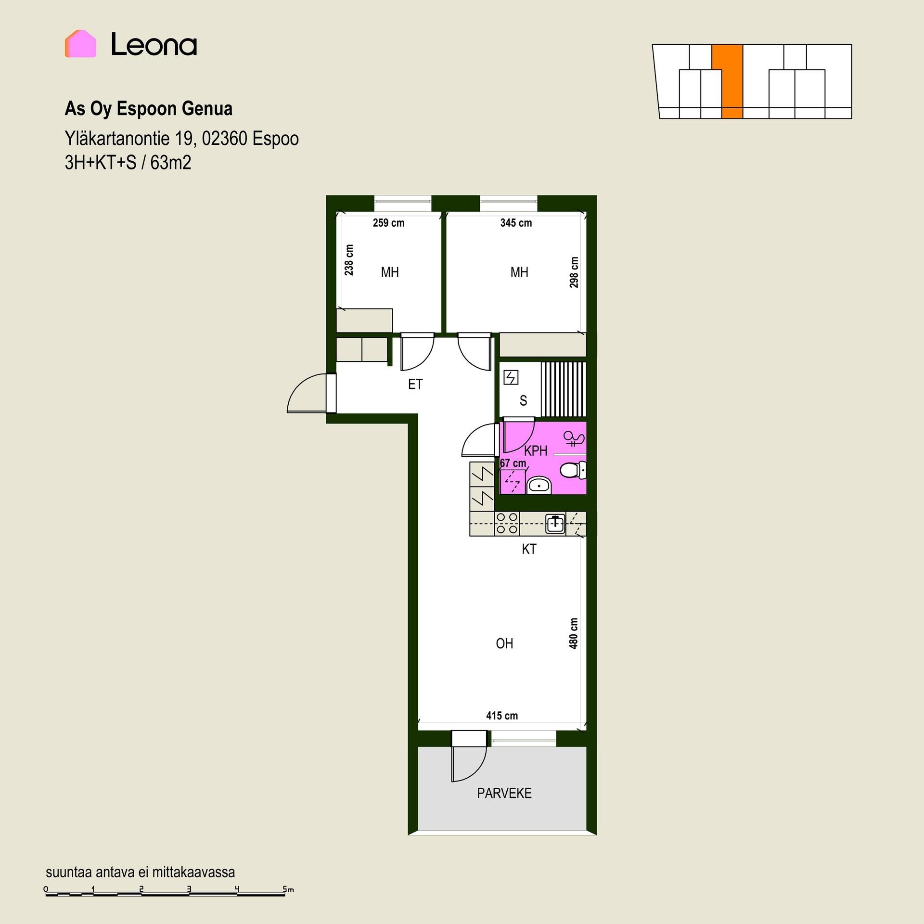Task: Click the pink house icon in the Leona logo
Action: coord(80,44)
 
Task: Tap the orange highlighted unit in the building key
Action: coord(730,82)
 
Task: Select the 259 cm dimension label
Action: coord(388,223)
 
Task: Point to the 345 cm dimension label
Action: coord(516,223)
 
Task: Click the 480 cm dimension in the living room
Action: coord(573,633)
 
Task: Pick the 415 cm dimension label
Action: coord(502,716)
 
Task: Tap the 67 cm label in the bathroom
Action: coord(513,463)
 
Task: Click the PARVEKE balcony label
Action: coord(504,793)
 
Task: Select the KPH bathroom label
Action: coord(536,451)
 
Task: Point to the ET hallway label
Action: coord(415,384)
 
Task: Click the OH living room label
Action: coord(504,643)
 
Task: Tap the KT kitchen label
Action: coord(529,549)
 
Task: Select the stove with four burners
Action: coord(507,523)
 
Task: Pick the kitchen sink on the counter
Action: coord(555,524)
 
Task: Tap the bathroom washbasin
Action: coord(539,486)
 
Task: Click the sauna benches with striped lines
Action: coord(564,389)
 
